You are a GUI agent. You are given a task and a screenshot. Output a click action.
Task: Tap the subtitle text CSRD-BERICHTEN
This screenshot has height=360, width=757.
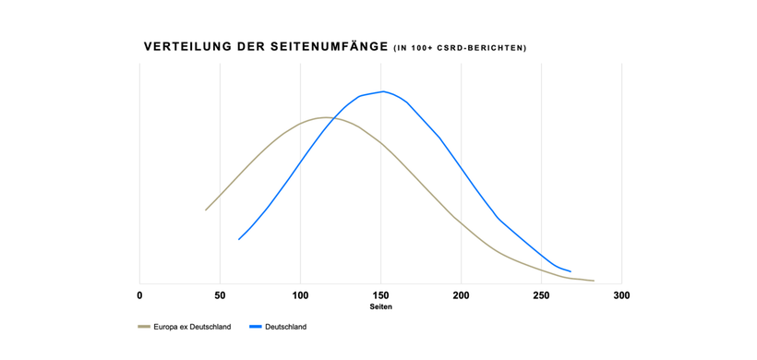click(x=479, y=48)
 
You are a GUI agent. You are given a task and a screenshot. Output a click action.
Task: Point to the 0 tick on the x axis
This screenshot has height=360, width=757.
click(x=139, y=295)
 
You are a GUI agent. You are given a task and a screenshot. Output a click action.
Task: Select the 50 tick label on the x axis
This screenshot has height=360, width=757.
click(x=220, y=295)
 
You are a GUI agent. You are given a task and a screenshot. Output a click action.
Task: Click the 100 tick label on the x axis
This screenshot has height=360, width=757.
click(x=300, y=295)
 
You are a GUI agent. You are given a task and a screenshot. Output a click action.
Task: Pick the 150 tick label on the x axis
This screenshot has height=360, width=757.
click(x=380, y=295)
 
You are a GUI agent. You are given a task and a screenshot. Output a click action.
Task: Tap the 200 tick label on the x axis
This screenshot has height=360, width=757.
click(x=461, y=295)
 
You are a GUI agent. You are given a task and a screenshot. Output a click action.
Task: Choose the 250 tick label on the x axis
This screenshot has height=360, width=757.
click(x=541, y=295)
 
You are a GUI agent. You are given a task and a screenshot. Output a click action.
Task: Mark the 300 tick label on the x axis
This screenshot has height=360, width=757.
click(x=621, y=295)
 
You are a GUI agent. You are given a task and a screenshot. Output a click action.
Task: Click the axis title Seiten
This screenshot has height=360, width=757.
click(x=380, y=306)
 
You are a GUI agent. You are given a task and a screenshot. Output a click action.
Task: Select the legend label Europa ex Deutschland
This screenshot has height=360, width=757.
click(x=192, y=327)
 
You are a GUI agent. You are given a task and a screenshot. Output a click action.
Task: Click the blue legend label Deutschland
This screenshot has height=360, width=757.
click(x=285, y=327)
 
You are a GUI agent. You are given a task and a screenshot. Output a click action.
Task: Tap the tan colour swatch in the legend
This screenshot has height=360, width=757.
click(x=144, y=327)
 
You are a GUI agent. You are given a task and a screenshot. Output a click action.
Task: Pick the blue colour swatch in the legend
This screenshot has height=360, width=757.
click(x=256, y=327)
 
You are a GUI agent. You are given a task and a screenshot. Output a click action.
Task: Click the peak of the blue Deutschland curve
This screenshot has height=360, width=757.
click(x=382, y=91)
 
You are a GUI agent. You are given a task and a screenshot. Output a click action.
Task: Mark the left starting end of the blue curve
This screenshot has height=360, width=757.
click(x=239, y=239)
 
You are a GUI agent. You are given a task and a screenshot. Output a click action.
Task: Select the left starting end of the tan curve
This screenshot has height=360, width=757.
click(x=206, y=210)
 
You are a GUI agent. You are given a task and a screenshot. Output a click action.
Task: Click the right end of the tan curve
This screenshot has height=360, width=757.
click(x=594, y=281)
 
